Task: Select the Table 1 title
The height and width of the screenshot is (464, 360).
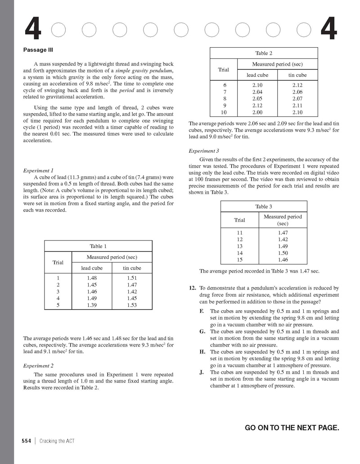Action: pyautogui.click(x=98, y=246)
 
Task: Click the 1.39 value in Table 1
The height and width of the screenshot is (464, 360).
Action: pyautogui.click(x=92, y=305)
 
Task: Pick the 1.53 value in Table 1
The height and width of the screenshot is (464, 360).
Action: pyautogui.click(x=132, y=305)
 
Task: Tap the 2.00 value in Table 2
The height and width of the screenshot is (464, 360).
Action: pyautogui.click(x=257, y=112)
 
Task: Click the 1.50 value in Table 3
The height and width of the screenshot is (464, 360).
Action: pyautogui.click(x=283, y=253)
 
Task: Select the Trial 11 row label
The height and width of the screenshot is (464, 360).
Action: pyautogui.click(x=239, y=233)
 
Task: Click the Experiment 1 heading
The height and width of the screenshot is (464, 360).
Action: pyautogui.click(x=38, y=170)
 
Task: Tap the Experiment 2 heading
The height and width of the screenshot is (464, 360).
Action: pyautogui.click(x=38, y=366)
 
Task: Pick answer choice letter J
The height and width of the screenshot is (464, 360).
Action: pyautogui.click(x=201, y=372)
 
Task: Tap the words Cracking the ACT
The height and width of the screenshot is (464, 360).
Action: pyautogui.click(x=57, y=441)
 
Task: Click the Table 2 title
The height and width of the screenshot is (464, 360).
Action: pyautogui.click(x=264, y=53)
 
